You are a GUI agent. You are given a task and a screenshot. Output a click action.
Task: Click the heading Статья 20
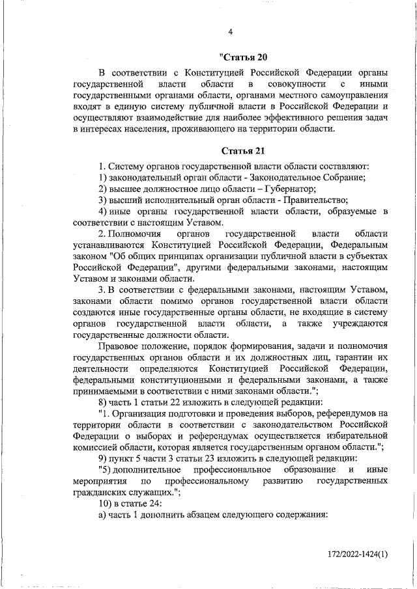pos(244,59)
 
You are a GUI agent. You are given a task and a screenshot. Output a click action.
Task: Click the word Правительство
pos(317,199)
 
